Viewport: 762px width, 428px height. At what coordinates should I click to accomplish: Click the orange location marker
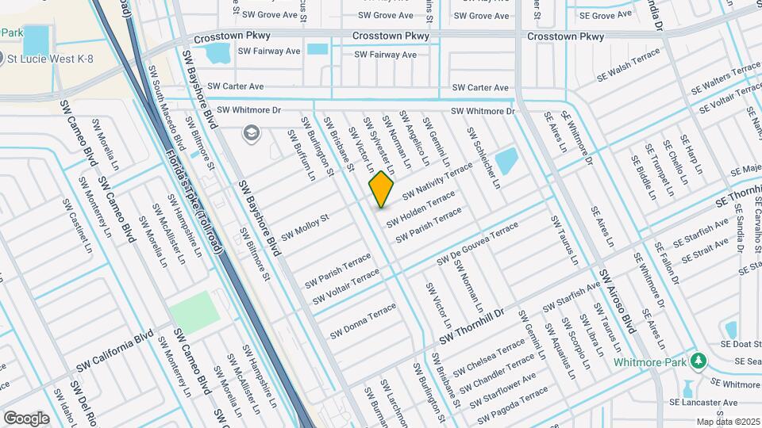coord(382,189)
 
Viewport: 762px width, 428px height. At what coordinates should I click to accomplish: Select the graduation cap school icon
coord(252,132)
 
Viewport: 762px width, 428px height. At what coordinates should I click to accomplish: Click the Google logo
coord(26,418)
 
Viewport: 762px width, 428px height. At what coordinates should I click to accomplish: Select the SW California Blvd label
coord(114,353)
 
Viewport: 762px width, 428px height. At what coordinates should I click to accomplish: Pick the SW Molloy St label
coord(305,222)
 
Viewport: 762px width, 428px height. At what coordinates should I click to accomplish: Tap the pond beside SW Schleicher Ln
coord(505,161)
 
